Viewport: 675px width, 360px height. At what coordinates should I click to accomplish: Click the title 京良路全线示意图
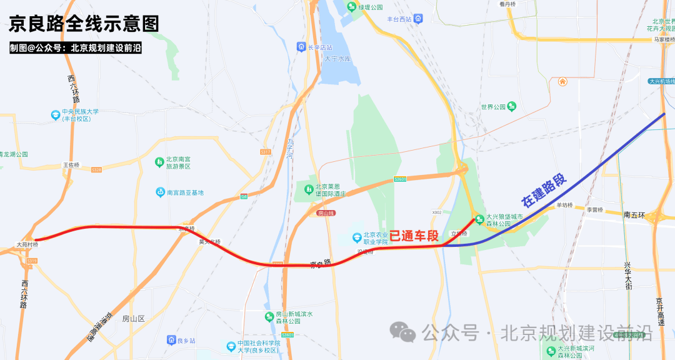[x=84, y=24]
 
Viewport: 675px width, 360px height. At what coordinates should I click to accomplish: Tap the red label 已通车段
[x=414, y=236]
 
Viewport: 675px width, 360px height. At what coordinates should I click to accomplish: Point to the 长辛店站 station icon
[x=301, y=47]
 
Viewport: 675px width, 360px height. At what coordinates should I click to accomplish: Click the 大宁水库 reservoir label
[x=338, y=59]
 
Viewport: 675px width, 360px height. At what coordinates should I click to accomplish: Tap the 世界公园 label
[x=492, y=107]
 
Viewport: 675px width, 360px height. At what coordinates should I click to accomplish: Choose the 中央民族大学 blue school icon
[x=56, y=115]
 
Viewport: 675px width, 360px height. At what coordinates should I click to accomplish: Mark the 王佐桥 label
[x=71, y=165]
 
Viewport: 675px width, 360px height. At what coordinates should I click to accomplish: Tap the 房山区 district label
[x=133, y=318]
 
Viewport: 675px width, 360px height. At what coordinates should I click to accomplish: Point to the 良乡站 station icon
[x=171, y=340]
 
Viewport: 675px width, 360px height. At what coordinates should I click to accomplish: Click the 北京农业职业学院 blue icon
[x=356, y=238]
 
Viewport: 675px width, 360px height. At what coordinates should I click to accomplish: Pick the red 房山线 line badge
[x=326, y=213]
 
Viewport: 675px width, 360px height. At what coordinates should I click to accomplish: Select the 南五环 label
[x=635, y=214]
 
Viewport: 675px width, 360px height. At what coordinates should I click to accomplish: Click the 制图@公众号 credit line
[x=75, y=47]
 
